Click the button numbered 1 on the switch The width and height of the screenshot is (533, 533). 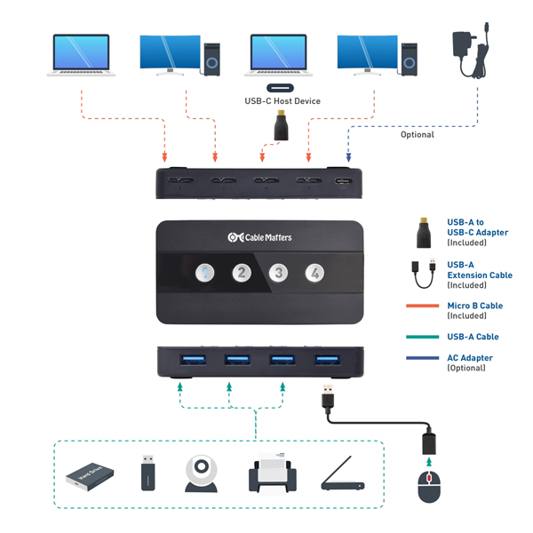pos(205,273)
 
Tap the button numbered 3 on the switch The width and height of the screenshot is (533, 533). pos(278,273)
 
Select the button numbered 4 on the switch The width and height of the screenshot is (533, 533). pos(314,273)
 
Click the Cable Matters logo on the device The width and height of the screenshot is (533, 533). pos(259,237)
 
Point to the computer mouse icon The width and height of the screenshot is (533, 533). pos(429,486)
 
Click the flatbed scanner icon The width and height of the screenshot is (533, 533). pos(340,475)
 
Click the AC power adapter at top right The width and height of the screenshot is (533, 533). pos(468,49)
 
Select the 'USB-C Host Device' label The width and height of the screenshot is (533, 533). pos(282,101)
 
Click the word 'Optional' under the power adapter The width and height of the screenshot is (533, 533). pos(417,135)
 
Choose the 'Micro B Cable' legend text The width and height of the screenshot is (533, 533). pos(475,306)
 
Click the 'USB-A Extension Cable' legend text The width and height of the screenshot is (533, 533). pos(480,269)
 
